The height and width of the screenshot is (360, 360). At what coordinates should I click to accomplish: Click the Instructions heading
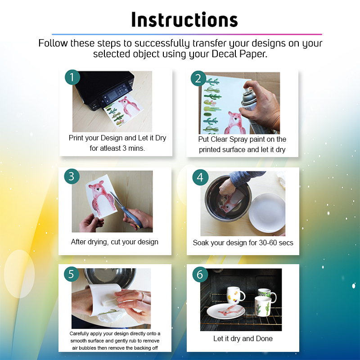tap(184, 20)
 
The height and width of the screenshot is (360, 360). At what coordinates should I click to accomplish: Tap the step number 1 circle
tap(72, 77)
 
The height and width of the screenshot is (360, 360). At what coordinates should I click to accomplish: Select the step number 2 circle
tap(198, 78)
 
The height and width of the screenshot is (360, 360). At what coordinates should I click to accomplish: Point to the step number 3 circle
tap(72, 176)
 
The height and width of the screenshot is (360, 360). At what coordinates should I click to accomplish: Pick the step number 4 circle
tap(200, 177)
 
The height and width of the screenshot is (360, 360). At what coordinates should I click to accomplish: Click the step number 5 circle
tap(72, 274)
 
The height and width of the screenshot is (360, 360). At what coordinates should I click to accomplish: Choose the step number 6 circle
tap(200, 274)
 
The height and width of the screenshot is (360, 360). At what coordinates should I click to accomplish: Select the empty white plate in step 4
tap(267, 213)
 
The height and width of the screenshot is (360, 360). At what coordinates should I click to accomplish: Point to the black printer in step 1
tap(104, 90)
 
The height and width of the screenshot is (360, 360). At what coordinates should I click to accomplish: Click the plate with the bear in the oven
tap(226, 311)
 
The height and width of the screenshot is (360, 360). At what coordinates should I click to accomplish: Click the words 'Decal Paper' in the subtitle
tap(239, 54)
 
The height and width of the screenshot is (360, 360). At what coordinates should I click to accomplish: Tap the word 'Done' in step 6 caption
tap(264, 338)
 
